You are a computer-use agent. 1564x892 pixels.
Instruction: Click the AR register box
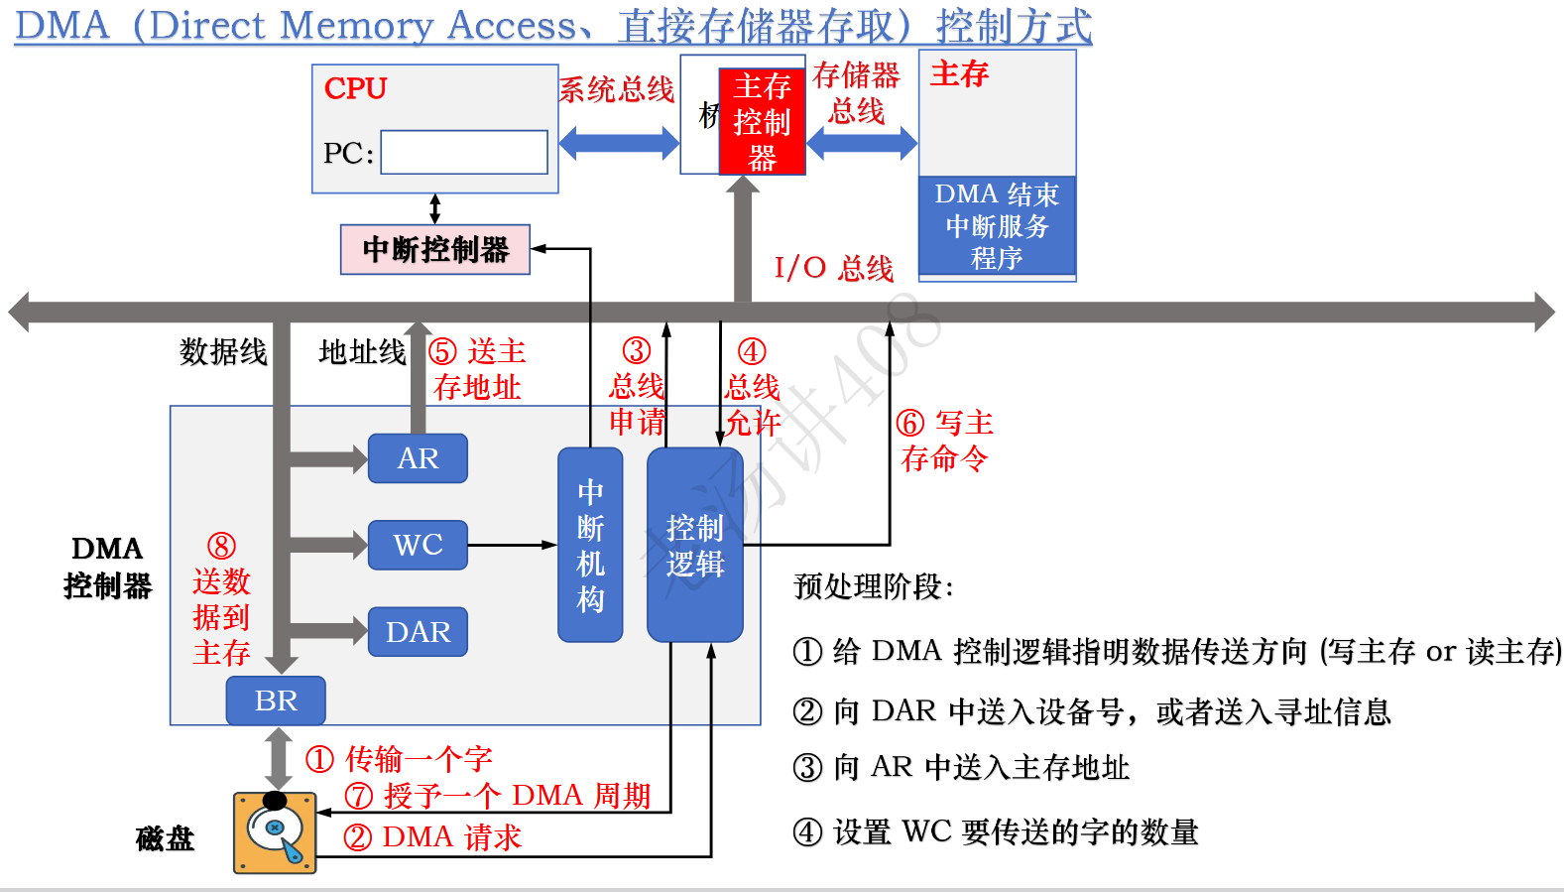[x=418, y=458]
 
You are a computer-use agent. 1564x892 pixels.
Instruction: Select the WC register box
[x=418, y=545]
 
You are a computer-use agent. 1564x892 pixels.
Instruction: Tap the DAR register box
[x=418, y=632]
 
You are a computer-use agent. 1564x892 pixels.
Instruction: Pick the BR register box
[x=276, y=701]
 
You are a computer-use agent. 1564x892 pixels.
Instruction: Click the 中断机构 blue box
[x=590, y=545]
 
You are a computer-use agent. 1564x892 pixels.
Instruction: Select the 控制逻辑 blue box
[x=694, y=545]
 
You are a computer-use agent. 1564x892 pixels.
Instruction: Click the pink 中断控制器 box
[x=435, y=249]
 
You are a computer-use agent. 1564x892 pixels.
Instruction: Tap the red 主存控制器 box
[x=762, y=121]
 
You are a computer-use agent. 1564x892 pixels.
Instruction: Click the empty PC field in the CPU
[x=464, y=153]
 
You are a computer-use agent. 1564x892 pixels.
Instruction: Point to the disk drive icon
[x=275, y=832]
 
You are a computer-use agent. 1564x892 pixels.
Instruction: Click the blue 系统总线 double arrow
[x=618, y=143]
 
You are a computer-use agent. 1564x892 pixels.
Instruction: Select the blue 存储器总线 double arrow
[x=862, y=143]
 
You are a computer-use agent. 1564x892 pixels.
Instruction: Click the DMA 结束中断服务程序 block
[x=997, y=226]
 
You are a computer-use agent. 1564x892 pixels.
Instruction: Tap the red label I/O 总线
[x=833, y=268]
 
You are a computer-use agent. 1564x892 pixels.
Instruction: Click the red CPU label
[x=355, y=88]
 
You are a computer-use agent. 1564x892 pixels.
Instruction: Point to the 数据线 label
[x=223, y=351]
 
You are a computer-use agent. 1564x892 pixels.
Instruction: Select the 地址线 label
[x=362, y=351]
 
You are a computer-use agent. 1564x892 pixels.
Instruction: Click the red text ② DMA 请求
[x=432, y=837]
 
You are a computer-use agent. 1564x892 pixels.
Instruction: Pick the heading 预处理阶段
[x=873, y=586]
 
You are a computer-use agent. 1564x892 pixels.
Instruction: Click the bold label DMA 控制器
[x=107, y=567]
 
